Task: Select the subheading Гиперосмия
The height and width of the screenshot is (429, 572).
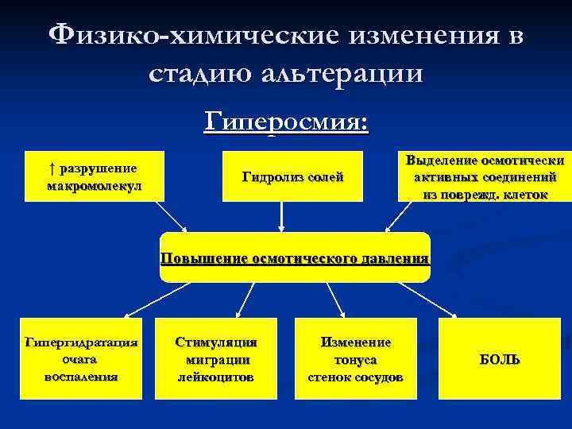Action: (286, 122)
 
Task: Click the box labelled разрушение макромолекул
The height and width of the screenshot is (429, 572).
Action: (95, 176)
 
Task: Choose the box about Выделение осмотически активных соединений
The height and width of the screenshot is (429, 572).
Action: (485, 176)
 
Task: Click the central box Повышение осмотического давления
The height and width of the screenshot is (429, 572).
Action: (295, 257)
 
